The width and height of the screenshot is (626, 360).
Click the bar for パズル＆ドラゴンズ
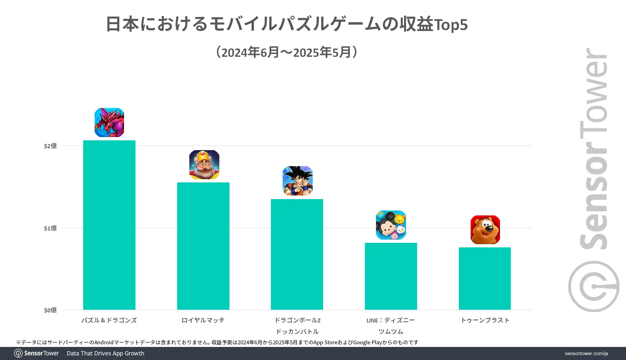point(109,225)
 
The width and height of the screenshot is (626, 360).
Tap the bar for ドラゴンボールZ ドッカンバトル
point(297,254)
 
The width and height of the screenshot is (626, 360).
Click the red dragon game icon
point(109,122)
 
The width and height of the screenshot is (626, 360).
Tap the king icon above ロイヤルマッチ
point(204,164)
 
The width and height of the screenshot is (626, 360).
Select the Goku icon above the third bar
point(298,181)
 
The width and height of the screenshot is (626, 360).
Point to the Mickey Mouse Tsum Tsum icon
point(391,225)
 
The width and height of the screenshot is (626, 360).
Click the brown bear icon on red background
point(485,230)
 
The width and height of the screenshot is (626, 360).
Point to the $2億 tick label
point(50,146)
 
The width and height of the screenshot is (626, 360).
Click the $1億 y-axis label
point(50,228)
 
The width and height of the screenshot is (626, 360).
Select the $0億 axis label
point(50,310)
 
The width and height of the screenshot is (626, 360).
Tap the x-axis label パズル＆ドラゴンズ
point(109,320)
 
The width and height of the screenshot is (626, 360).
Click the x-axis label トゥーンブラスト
point(485,320)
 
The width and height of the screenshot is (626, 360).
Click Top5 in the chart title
point(451,25)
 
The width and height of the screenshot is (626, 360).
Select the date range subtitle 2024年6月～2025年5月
point(287,52)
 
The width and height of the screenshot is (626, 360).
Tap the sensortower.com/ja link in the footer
point(586,353)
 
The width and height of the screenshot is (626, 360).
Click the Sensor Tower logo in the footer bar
point(37,353)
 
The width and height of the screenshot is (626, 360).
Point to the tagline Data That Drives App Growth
point(105,353)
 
